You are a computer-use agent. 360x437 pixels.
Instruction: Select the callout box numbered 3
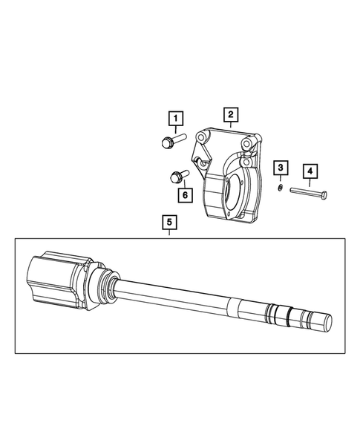(281, 168)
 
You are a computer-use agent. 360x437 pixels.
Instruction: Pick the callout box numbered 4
(310, 171)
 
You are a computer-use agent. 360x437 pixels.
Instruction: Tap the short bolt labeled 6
(177, 177)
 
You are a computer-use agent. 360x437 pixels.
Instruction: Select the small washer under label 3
(278, 188)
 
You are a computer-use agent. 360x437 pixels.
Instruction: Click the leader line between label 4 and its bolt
(310, 183)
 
